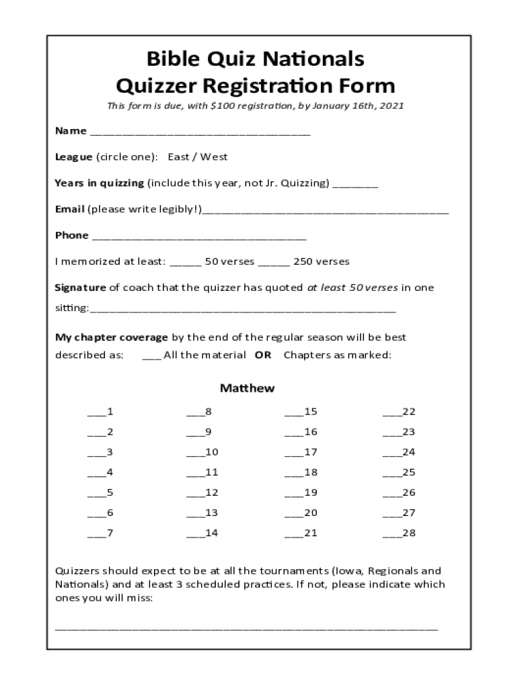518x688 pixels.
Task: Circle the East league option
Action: point(178,157)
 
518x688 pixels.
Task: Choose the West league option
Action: point(214,157)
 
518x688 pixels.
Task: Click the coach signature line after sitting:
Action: point(242,310)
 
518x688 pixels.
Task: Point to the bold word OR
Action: point(263,355)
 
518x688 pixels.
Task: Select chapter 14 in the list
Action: point(202,533)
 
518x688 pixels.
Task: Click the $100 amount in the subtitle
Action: point(222,106)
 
